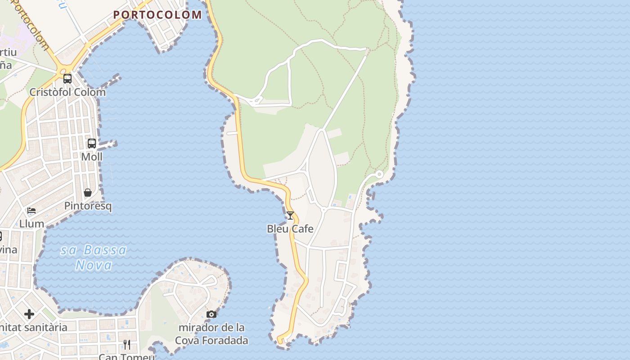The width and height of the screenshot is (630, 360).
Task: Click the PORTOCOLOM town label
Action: tap(157, 15)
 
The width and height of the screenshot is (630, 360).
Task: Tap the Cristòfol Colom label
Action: tap(67, 92)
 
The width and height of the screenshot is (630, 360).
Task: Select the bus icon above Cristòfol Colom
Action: tap(67, 79)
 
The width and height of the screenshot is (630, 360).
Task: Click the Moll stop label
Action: tap(92, 157)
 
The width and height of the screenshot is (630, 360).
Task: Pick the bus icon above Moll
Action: tap(92, 144)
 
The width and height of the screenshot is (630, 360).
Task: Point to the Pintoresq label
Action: tap(88, 206)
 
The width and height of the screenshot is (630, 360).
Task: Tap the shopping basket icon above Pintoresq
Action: tap(88, 193)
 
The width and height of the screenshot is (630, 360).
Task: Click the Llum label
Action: tap(31, 224)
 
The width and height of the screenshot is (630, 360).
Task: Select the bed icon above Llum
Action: tap(31, 211)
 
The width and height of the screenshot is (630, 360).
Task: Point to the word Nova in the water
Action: tap(94, 265)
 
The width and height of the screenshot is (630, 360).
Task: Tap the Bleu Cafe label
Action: tap(290, 229)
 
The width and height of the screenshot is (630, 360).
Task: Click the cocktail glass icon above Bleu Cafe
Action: tap(290, 216)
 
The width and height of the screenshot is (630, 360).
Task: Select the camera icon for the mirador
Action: tap(211, 314)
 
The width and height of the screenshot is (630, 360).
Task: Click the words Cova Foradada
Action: tap(211, 341)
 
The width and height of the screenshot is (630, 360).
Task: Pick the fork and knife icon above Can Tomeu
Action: tap(127, 345)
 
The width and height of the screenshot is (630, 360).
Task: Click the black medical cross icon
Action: tap(29, 314)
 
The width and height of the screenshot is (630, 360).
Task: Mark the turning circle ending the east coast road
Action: tap(379, 174)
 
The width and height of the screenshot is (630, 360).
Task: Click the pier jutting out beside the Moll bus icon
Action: tap(108, 144)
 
